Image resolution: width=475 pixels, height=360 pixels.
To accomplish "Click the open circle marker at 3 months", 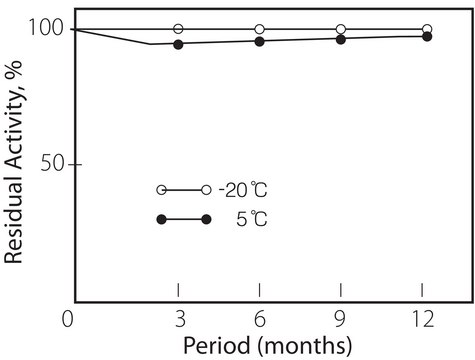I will pos(178,29).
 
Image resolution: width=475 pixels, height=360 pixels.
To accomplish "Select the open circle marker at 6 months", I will pos(260,29).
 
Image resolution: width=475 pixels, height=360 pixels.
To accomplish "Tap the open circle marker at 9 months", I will pos(342,29).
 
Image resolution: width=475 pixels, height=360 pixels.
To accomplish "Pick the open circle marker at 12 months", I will pos(427,29).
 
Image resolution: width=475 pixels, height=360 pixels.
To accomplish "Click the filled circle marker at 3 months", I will pos(178,44).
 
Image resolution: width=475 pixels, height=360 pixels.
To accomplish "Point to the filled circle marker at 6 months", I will pos(260,41).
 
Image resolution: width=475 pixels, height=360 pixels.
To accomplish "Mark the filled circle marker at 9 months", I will pos(342,39).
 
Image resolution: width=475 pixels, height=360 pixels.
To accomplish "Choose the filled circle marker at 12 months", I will pos(427,36).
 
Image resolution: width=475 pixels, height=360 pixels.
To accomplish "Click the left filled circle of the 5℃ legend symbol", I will pos(161,220).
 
